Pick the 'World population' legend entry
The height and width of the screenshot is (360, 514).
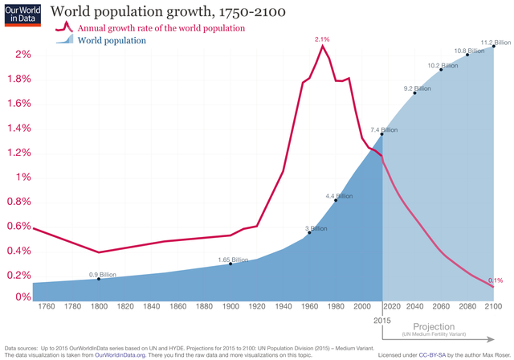click(112, 40)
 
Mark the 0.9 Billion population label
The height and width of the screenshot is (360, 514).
click(102, 275)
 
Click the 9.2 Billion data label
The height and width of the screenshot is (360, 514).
click(418, 89)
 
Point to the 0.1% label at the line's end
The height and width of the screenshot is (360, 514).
click(496, 280)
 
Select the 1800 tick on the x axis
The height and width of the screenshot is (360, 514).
click(99, 306)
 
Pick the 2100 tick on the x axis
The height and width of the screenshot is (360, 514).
click(493, 306)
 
